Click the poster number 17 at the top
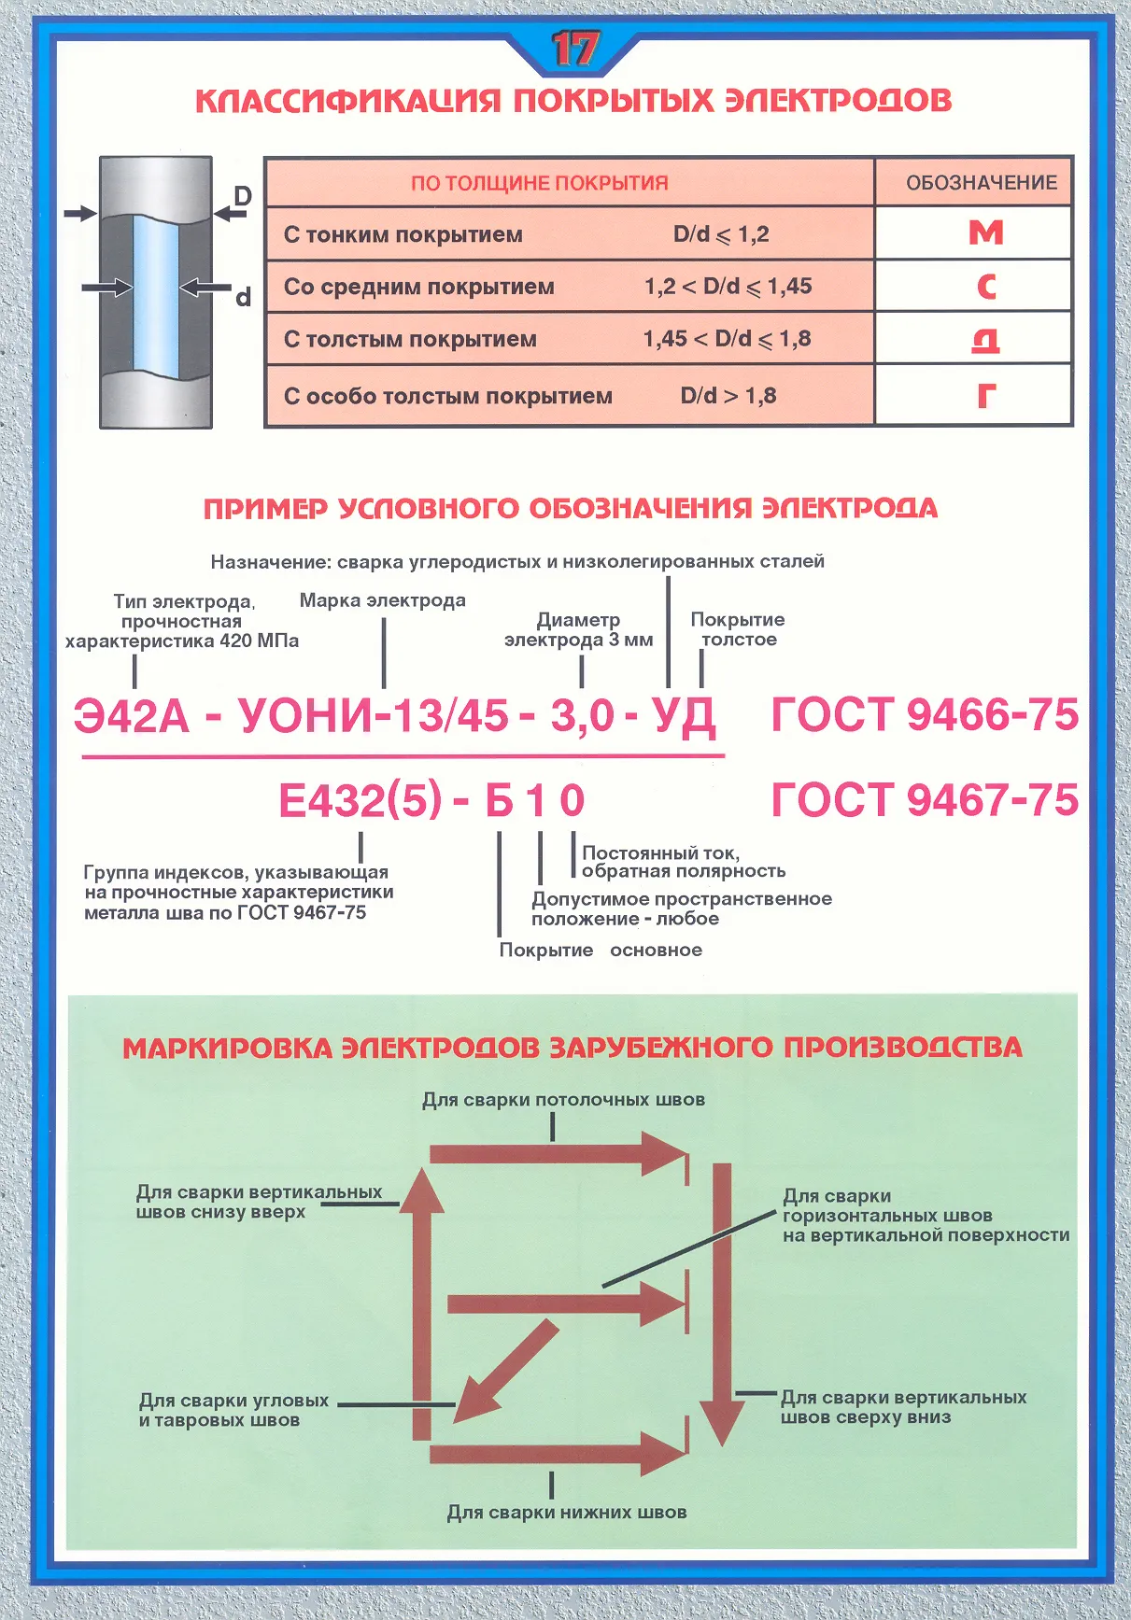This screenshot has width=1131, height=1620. coord(573,49)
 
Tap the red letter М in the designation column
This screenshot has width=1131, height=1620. coord(985,232)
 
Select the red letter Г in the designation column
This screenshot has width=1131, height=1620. coord(986,396)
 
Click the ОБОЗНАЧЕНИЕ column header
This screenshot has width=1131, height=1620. coord(981,183)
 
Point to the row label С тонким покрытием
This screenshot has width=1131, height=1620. coord(403,234)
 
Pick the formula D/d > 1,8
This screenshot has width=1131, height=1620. coord(728,396)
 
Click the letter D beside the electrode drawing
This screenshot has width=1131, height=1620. coord(242,196)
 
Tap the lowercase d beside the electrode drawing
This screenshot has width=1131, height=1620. coord(243,298)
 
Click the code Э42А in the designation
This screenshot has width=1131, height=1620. coord(132,716)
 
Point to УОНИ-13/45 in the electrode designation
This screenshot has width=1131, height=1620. coord(374,716)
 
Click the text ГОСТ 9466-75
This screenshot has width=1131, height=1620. coord(924,715)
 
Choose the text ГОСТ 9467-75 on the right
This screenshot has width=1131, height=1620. coord(924,800)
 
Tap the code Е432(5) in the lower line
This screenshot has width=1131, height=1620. coord(360,801)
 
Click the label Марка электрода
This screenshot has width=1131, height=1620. coord(382,600)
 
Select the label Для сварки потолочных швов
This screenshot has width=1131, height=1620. coord(563,1100)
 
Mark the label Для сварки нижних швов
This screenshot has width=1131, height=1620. coord(566,1513)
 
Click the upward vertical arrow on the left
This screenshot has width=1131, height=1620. coord(421,1307)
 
